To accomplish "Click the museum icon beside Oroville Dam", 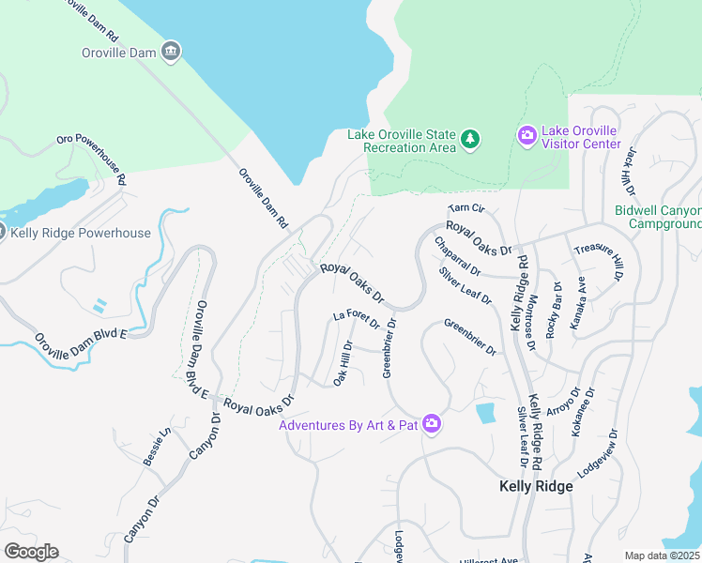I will tap(171, 51).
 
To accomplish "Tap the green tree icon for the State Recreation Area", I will tap(470, 141).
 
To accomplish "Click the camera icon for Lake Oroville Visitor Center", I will tap(526, 136).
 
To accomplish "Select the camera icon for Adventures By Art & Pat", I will tap(432, 425).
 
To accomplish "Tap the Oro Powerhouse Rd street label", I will tap(92, 160).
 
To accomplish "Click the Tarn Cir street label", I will tap(465, 207).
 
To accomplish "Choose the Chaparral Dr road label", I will tap(457, 256).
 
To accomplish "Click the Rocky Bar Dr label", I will tap(554, 305).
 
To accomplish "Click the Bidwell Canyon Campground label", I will tap(658, 218).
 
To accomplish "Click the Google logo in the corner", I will tap(31, 552).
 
